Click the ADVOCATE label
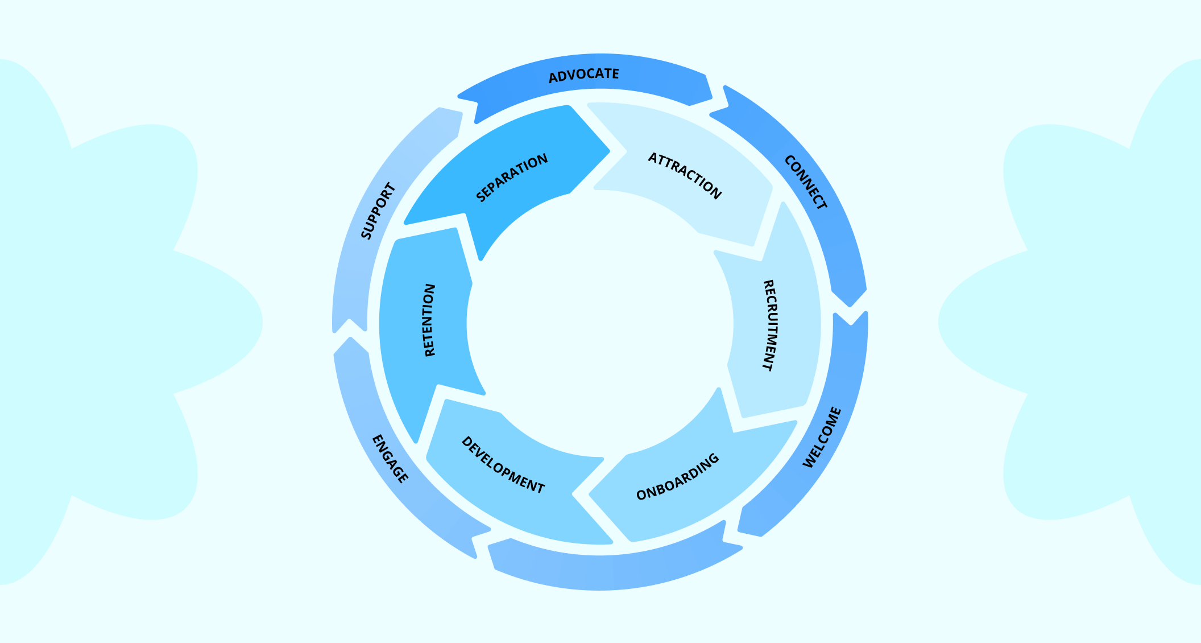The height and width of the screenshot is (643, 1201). pyautogui.click(x=583, y=75)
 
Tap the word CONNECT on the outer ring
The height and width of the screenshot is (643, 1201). pyautogui.click(x=805, y=182)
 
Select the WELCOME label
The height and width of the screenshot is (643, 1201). pyautogui.click(x=822, y=438)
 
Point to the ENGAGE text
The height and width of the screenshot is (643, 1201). pyautogui.click(x=390, y=459)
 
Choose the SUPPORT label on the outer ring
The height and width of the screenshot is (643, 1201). pyautogui.click(x=378, y=211)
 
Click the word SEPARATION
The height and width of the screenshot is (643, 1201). pyautogui.click(x=512, y=178)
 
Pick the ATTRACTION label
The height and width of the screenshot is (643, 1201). pyautogui.click(x=685, y=175)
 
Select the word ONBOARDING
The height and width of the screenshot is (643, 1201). pyautogui.click(x=678, y=477)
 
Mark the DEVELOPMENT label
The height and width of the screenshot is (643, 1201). pyautogui.click(x=503, y=465)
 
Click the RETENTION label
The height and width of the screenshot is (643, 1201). pyautogui.click(x=430, y=320)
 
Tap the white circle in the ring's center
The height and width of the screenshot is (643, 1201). pyautogui.click(x=600, y=323)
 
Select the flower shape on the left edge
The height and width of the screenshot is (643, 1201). pyautogui.click(x=114, y=322)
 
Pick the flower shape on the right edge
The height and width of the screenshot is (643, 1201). pyautogui.click(x=1080, y=322)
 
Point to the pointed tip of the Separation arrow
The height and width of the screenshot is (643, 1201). pyautogui.click(x=608, y=151)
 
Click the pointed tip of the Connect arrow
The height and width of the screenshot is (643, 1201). pyautogui.click(x=850, y=306)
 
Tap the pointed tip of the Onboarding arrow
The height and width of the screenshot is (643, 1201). pyautogui.click(x=591, y=494)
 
